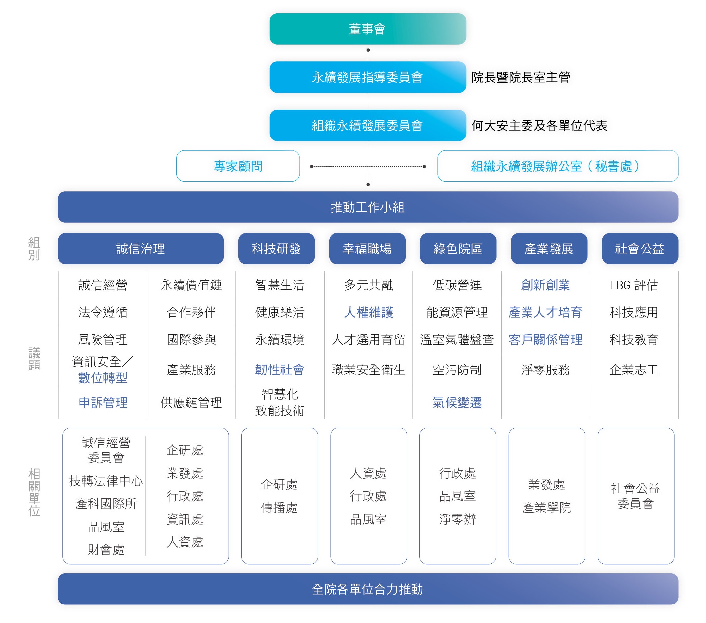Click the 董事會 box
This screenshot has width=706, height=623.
click(368, 29)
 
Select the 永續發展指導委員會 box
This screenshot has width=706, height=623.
click(368, 77)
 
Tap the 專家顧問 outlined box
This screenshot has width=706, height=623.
click(238, 166)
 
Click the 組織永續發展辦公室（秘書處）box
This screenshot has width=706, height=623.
click(558, 166)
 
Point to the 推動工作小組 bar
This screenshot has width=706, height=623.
click(368, 207)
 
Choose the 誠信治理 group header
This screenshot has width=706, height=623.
click(140, 249)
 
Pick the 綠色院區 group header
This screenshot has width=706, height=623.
click(458, 249)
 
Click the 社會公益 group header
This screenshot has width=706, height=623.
click(640, 249)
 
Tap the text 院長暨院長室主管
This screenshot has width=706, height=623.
click(521, 77)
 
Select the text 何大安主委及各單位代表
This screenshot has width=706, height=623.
click(539, 126)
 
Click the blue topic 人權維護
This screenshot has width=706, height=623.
click(369, 312)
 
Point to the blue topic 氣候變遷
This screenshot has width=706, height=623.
click(457, 402)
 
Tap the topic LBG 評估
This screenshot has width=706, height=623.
click(634, 285)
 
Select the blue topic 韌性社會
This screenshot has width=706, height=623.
click(280, 370)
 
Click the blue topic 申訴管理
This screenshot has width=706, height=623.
click(103, 402)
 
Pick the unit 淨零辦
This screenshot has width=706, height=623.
click(457, 519)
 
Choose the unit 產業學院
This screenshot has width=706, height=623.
click(546, 508)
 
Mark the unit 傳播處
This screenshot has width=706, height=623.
click(279, 508)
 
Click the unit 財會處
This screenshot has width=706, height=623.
click(106, 549)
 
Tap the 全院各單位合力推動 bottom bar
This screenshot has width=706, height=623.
click(368, 589)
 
